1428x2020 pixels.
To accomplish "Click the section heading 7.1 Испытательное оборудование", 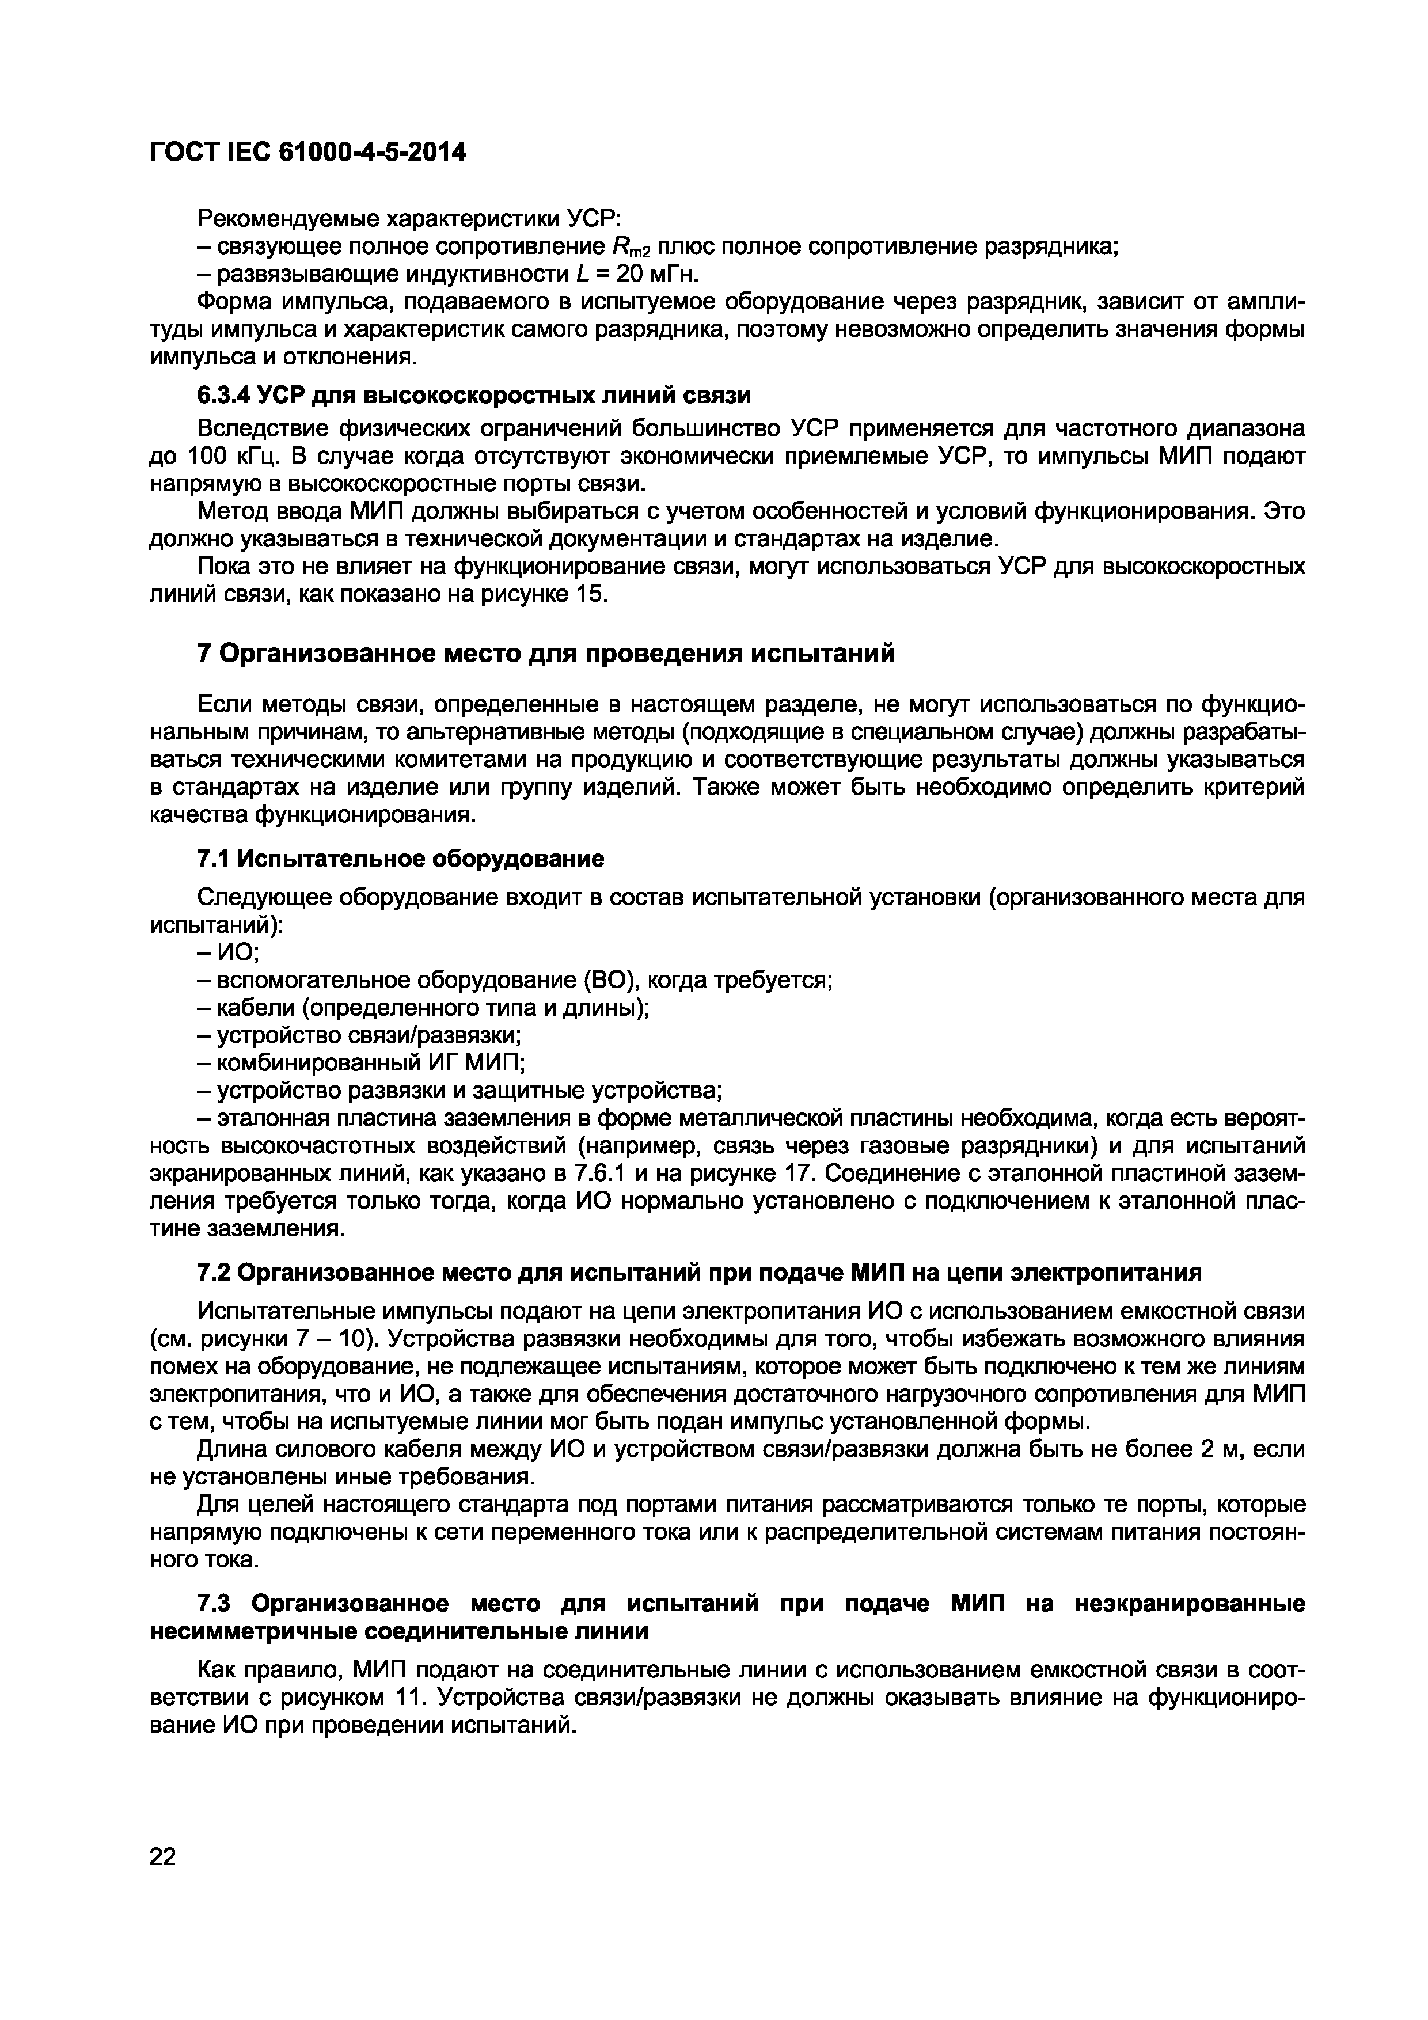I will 400,858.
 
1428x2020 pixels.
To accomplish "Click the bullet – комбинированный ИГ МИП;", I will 360,1063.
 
